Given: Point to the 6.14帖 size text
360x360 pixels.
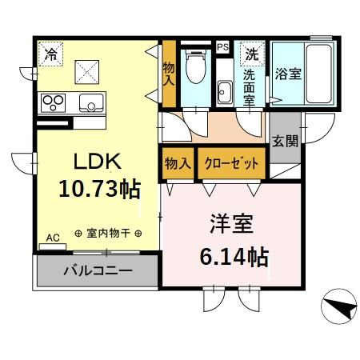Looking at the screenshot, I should pos(232,257).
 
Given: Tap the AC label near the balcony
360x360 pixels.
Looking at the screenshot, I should pos(53,238).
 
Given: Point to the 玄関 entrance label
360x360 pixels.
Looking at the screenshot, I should pos(284,142).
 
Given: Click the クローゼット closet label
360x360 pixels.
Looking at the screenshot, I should pos(232,163).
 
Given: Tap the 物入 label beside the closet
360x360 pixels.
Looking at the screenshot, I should pos(178,163).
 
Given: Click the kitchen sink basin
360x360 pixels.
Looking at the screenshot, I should pos(91,102).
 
